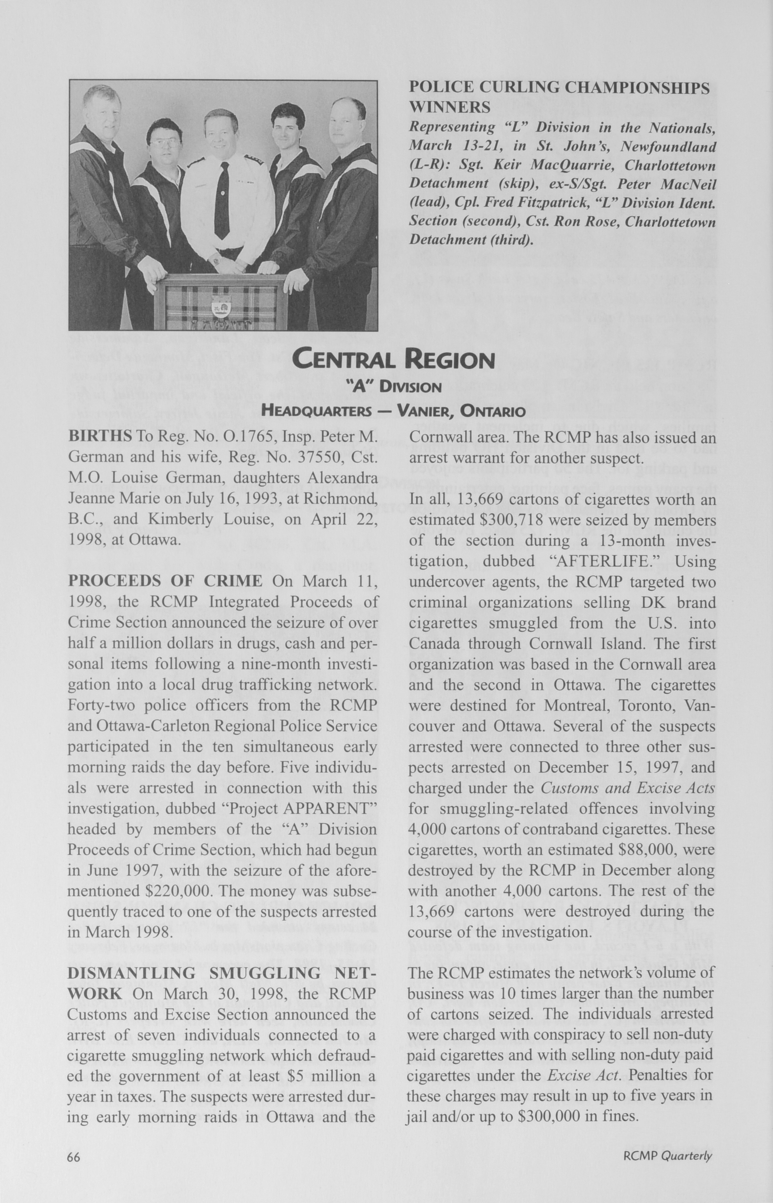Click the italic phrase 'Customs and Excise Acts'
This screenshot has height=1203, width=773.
(627, 788)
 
